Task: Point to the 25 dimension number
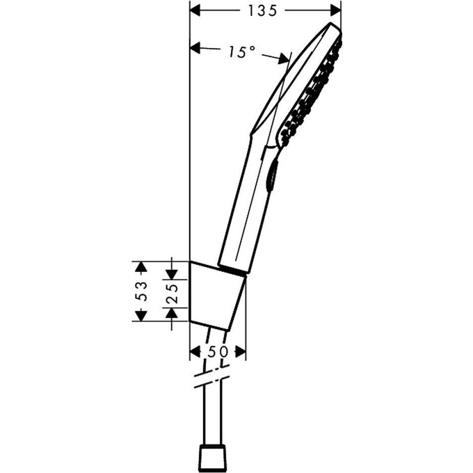(x=172, y=291)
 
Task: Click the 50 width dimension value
(x=218, y=352)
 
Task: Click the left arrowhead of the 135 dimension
(x=195, y=10)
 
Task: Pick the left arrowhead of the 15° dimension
(x=195, y=49)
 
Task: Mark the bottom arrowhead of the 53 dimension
(x=140, y=316)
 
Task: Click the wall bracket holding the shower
(x=217, y=296)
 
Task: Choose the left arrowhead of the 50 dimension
(x=195, y=352)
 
